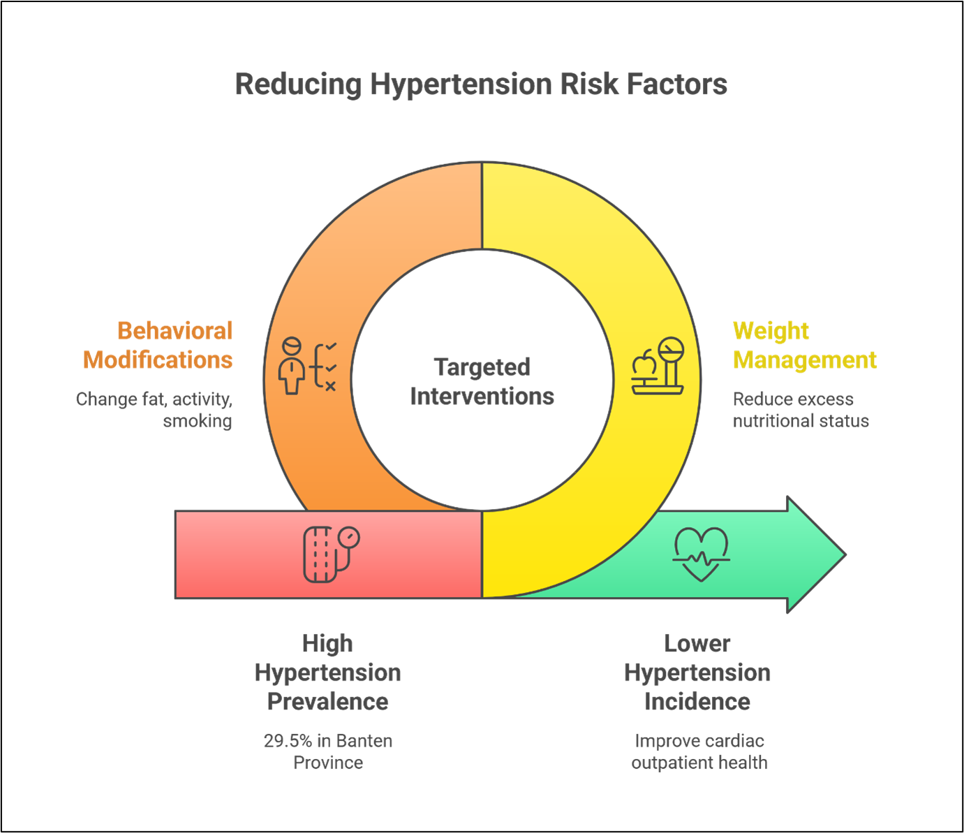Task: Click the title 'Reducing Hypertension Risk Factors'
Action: pos(481,84)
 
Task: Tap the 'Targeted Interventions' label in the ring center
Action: pos(482,381)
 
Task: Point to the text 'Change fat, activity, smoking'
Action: pos(154,410)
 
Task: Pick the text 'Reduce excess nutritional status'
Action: pos(800,410)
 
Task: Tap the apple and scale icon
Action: pos(658,367)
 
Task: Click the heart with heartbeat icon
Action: pos(701,554)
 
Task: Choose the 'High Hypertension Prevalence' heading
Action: pos(327,672)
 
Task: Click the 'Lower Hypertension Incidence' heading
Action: pos(697,672)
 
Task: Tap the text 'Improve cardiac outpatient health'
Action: pos(699,751)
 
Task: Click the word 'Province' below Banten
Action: pos(327,762)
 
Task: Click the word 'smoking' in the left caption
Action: pos(198,421)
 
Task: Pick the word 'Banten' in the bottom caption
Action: pos(364,741)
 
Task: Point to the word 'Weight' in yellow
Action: pos(771,330)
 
